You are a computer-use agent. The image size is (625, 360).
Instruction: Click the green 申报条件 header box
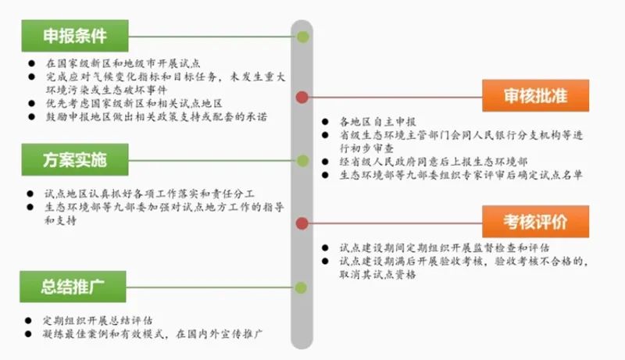pyautogui.click(x=75, y=36)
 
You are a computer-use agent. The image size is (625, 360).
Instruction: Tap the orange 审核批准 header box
pyautogui.click(x=535, y=95)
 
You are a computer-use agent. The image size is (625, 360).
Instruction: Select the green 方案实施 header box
pyautogui.click(x=75, y=159)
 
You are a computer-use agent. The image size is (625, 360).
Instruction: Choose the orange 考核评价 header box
pyautogui.click(x=535, y=222)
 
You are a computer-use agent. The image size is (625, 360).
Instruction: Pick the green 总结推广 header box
pyautogui.click(x=73, y=287)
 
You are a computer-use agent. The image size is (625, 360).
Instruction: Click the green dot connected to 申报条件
pyautogui.click(x=302, y=37)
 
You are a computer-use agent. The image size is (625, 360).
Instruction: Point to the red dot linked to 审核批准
pyautogui.click(x=302, y=97)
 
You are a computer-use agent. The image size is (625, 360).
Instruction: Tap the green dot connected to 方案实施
pyautogui.click(x=302, y=161)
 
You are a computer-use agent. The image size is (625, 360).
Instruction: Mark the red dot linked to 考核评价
pyautogui.click(x=302, y=223)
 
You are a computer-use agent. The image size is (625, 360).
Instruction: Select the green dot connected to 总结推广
pyautogui.click(x=301, y=287)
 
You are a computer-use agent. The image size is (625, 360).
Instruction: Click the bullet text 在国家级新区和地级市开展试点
pyautogui.click(x=123, y=63)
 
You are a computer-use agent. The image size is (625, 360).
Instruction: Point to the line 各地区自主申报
pyautogui.click(x=377, y=122)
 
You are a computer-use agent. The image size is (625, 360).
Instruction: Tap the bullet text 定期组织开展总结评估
pyautogui.click(x=98, y=321)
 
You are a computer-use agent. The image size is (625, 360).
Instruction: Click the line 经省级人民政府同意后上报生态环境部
pyautogui.click(x=434, y=162)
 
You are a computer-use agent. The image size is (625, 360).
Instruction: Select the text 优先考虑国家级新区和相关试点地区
pyautogui.click(x=134, y=104)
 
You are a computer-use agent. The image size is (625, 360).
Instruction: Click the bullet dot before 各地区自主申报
pyautogui.click(x=325, y=122)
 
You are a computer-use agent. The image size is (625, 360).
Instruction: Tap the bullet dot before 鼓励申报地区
pyautogui.click(x=31, y=117)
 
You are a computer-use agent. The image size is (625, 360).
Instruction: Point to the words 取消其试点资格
pyautogui.click(x=377, y=274)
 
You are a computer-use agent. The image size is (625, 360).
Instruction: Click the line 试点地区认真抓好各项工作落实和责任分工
pyautogui.click(x=149, y=194)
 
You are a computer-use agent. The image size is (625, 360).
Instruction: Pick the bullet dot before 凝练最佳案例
pyautogui.click(x=28, y=334)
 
